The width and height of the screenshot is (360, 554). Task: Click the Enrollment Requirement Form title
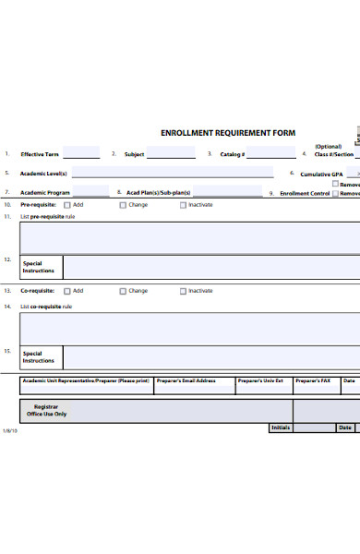pyautogui.click(x=228, y=133)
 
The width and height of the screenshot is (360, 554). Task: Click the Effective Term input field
pyautogui.click(x=81, y=153)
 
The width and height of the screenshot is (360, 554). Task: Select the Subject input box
pyautogui.click(x=172, y=153)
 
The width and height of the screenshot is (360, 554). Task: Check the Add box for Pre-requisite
pyautogui.click(x=66, y=205)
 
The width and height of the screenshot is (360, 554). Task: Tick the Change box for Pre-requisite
pyautogui.click(x=123, y=205)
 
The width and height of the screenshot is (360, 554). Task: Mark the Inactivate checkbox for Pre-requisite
pyautogui.click(x=183, y=205)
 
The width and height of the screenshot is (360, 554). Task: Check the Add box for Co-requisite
pyautogui.click(x=66, y=291)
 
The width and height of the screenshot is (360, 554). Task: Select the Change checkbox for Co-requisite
pyautogui.click(x=123, y=291)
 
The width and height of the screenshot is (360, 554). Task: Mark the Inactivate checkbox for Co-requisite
pyautogui.click(x=183, y=291)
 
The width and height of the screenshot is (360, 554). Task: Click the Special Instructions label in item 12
pyautogui.click(x=39, y=267)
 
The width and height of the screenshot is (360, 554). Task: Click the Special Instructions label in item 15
pyautogui.click(x=39, y=356)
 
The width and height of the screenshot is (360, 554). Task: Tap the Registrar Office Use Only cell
pyautogui.click(x=46, y=410)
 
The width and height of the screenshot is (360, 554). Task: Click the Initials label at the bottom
pyautogui.click(x=281, y=428)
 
